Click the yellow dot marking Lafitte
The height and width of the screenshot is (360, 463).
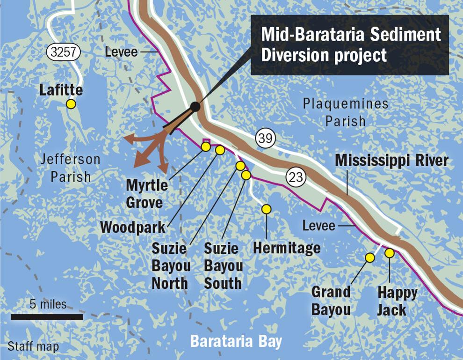coord(71,104)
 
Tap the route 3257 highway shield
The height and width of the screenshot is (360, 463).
coord(63,52)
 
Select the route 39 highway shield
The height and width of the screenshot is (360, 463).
coord(266,138)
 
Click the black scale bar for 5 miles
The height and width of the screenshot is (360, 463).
coord(47,317)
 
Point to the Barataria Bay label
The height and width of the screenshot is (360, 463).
coord(236,341)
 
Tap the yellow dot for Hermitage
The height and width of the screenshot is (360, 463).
coord(266,209)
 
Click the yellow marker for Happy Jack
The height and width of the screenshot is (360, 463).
coord(389,253)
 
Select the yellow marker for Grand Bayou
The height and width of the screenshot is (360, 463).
coord(369,257)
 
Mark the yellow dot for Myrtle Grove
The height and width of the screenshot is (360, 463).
coord(205,147)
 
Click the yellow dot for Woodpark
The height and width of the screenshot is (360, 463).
coord(220,150)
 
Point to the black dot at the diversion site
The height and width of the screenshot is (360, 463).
coord(195,107)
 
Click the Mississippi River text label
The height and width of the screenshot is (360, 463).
coord(391,161)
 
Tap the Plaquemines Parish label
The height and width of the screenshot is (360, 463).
coord(345,112)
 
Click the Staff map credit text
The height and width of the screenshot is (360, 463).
coord(33,347)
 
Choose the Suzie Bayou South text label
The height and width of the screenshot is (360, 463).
coord(223,266)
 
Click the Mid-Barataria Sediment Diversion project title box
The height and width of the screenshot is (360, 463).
coord(350,45)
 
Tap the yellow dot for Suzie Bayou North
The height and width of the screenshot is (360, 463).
coord(240,166)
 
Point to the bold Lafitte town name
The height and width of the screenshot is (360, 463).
coord(61,90)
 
